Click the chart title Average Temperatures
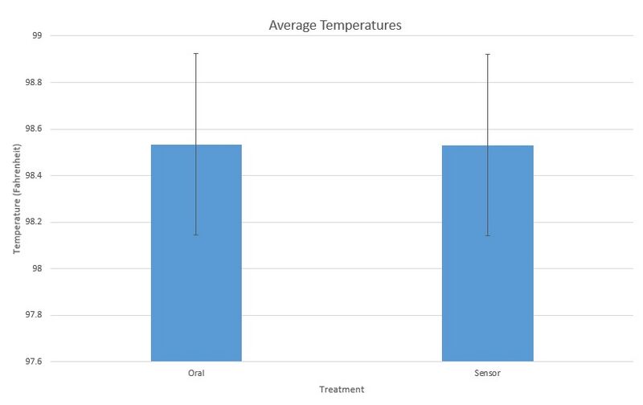(334, 26)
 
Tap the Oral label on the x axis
(196, 373)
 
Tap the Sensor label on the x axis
(487, 373)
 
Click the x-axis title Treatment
(342, 390)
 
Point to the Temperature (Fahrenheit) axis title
(17, 198)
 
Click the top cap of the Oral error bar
(196, 54)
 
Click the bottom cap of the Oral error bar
(196, 235)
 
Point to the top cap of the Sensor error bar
(487, 55)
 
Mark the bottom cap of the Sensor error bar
(487, 235)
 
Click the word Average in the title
(292, 26)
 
